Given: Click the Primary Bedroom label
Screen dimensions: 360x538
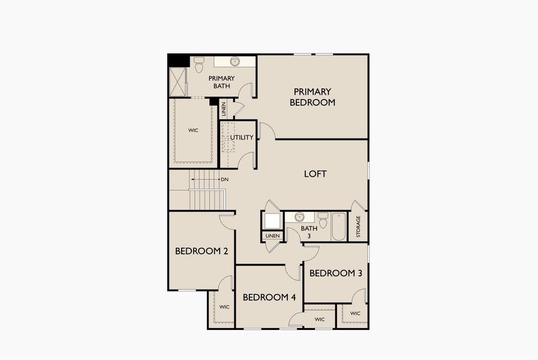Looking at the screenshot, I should pos(312,97).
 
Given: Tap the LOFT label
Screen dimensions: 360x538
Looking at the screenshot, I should pos(315,174).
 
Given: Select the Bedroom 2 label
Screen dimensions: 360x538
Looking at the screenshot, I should pos(201,251).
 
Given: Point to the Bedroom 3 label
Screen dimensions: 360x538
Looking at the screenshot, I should pos(335,273).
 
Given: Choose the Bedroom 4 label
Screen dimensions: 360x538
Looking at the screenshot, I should pos(269,298).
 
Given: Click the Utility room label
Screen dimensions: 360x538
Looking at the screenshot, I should pos(242,137).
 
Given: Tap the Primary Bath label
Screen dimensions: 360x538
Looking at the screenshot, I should pos(221,82).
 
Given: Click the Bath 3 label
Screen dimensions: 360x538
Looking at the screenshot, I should pos(309,232).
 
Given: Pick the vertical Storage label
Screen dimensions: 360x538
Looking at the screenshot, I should pos(359,227).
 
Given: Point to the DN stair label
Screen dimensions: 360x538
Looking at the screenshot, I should pos(224,179).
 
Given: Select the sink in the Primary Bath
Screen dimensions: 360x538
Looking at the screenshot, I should pos(235,61).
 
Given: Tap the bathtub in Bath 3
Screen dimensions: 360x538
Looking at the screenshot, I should pos(339,226).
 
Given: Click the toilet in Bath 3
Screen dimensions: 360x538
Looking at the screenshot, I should pos(323,220).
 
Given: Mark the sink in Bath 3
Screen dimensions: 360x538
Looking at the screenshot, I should pos(299,217).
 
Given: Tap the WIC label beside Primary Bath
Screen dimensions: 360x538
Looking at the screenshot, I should pos(193,130).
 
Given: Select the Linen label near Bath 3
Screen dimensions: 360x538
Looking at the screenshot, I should pos(272,236).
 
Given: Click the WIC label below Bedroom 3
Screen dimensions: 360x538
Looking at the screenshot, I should pos(355,313).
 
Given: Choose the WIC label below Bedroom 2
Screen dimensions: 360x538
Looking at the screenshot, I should pos(224,307).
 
